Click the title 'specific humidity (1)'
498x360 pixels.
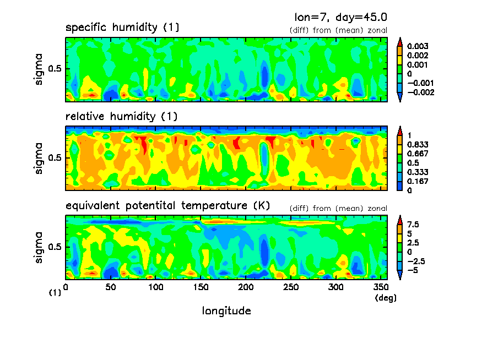[122, 28]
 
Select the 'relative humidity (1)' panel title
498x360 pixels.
[122, 117]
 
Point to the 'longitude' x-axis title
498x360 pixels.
[226, 311]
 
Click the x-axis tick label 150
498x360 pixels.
[201, 287]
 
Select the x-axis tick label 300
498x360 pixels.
[335, 287]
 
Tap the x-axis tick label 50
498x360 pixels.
[110, 287]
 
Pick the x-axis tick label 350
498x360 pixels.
[380, 287]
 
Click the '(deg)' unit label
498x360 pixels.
[385, 298]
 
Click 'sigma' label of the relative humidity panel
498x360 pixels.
[39, 158]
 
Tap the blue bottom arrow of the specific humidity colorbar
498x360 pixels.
[400, 97]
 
